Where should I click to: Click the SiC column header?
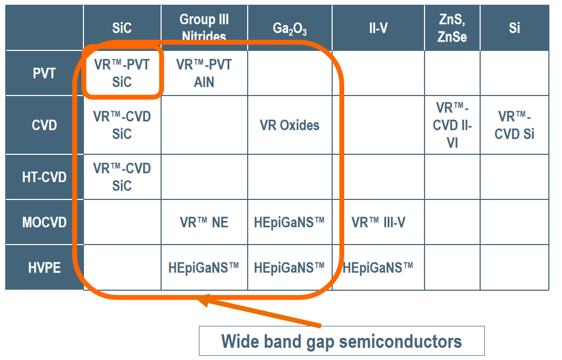coord(122,28)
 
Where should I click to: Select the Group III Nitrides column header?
coord(204,28)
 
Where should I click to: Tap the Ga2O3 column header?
coord(290,28)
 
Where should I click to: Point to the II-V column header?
coord(378,28)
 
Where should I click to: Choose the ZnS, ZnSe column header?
coord(452,28)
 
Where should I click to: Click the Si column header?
coord(514,28)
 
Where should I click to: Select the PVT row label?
coord(44,73)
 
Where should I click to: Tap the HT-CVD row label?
coord(44,177)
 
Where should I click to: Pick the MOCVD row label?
coord(44,223)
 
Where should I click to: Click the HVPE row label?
coord(44,268)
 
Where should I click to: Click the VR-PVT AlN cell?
coord(204,73)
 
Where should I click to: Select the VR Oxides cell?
coord(290,125)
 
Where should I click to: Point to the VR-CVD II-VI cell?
coord(452,125)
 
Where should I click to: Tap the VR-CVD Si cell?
coord(514,125)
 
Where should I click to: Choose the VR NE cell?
coord(204,223)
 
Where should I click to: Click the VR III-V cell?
coord(378,223)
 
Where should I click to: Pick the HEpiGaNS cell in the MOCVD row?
coord(290,223)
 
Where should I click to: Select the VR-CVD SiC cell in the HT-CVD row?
coord(122,177)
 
